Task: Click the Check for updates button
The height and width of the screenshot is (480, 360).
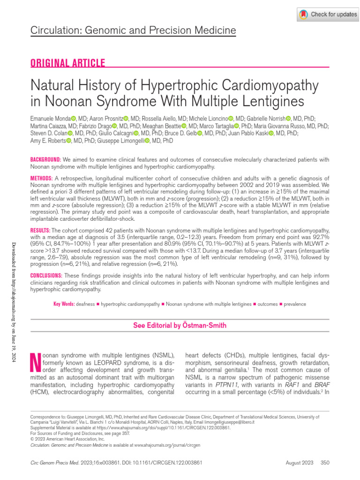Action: pyautogui.click(x=328, y=15)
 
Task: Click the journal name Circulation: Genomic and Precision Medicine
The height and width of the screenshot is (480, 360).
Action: pyautogui.click(x=133, y=31)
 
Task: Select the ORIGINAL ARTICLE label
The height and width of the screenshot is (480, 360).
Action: pyautogui.click(x=67, y=63)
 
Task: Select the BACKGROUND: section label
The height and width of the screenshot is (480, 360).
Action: pyautogui.click(x=45, y=160)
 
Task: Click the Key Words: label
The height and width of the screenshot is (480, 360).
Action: pyautogui.click(x=64, y=304)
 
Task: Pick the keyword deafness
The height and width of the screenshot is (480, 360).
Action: pyautogui.click(x=85, y=304)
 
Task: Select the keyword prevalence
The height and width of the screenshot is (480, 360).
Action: pyautogui.click(x=295, y=304)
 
